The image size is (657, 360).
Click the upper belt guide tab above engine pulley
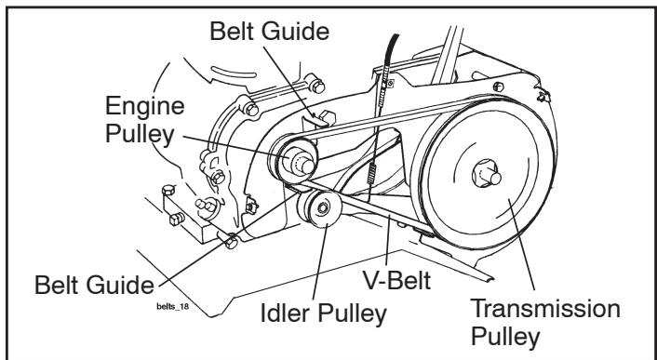tap(315, 119)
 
